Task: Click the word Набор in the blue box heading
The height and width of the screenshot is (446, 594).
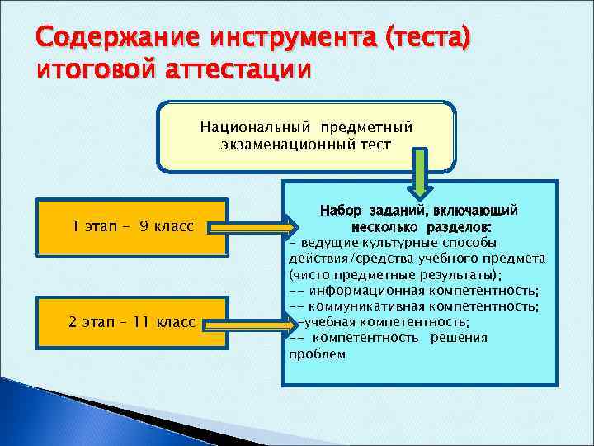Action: tap(339, 211)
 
